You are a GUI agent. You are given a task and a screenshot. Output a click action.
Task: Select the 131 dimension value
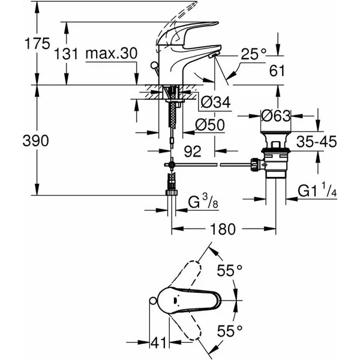click(66, 53)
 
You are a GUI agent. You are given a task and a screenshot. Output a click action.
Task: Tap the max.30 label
click(111, 53)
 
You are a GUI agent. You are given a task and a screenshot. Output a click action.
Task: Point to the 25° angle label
click(254, 55)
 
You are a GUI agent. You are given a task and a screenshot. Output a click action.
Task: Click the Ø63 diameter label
click(275, 114)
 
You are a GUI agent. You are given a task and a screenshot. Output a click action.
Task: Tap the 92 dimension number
click(192, 152)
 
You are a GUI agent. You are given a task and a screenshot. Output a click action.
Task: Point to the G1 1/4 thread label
click(317, 192)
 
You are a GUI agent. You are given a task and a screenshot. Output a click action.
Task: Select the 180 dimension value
click(223, 229)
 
